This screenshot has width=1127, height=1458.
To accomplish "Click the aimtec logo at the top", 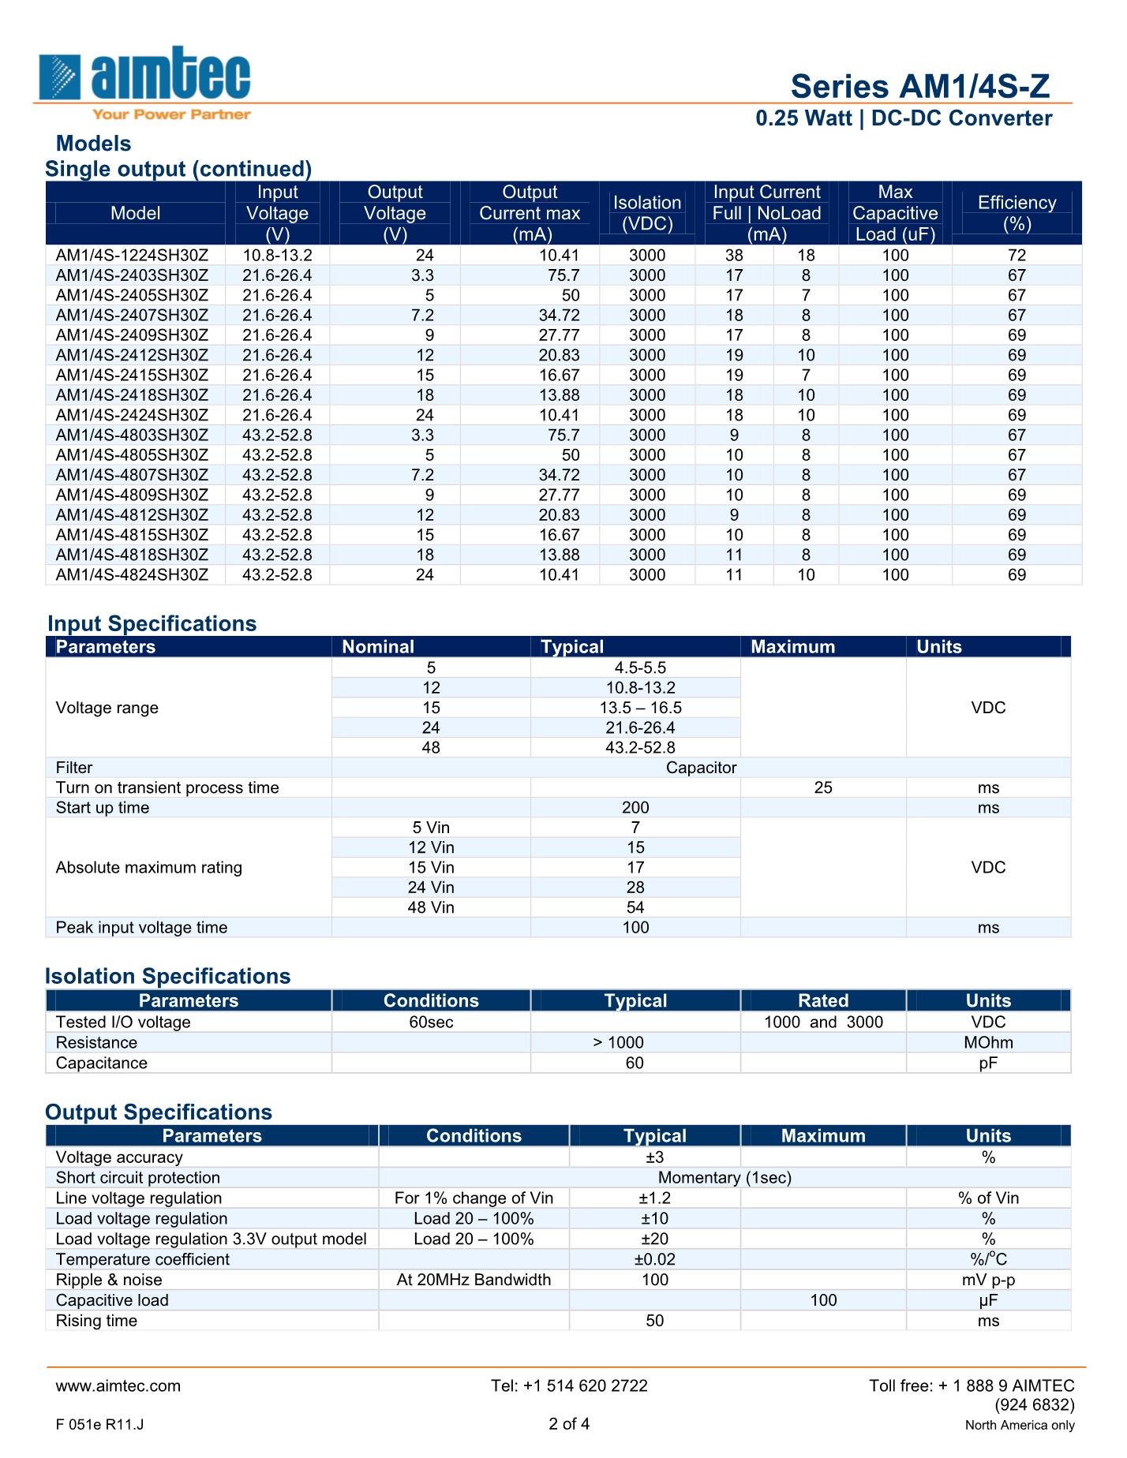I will tap(144, 81).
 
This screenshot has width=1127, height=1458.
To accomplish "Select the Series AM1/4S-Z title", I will tap(920, 86).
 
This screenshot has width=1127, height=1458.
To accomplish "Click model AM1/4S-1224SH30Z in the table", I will tap(132, 256).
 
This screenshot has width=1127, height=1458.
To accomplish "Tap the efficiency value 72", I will tap(1017, 256).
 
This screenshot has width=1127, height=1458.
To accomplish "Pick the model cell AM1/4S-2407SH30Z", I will tap(132, 316).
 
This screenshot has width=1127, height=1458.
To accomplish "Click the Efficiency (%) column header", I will tap(1017, 213).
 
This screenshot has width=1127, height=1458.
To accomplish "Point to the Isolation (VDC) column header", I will tap(647, 213).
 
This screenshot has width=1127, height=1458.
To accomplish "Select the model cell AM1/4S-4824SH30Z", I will tap(132, 575).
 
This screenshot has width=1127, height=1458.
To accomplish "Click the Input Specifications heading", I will tap(152, 624).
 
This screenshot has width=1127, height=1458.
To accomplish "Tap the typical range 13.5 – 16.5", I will tap(635, 708).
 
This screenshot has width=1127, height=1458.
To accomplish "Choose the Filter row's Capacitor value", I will tap(701, 768).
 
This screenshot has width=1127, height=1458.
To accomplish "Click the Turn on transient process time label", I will tap(167, 788).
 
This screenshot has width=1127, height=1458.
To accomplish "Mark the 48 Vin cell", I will tap(431, 908).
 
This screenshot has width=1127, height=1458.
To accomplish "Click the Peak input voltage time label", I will tap(141, 928).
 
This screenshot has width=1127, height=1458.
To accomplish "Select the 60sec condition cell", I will tap(431, 1022).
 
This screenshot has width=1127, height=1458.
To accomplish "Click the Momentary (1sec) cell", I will tap(724, 1178).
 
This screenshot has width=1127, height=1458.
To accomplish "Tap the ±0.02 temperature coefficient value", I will tap(655, 1260).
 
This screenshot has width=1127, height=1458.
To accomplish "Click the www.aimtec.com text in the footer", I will tap(118, 1386).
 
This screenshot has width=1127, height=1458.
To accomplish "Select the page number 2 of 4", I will tap(569, 1424).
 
